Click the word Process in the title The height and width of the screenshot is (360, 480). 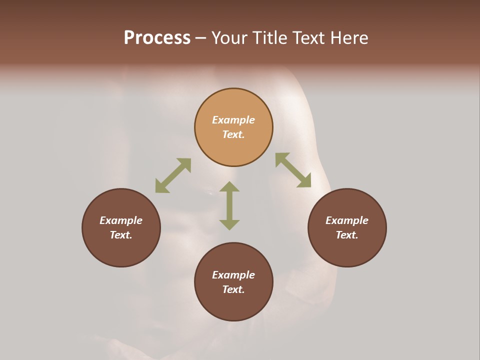157,38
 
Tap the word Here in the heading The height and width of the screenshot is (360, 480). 348,38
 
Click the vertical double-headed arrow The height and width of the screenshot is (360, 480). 229,205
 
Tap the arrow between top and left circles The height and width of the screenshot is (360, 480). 173,175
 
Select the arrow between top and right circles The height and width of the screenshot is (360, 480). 293,170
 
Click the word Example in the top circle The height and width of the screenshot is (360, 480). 233,120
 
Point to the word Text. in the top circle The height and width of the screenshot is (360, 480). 233,134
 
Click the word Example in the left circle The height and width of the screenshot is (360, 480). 121,220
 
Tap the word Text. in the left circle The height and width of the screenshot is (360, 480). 121,235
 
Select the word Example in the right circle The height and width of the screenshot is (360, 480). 347,220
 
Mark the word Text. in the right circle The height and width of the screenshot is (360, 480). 347,235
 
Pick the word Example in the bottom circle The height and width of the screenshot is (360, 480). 233,275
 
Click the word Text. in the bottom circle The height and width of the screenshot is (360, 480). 233,289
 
